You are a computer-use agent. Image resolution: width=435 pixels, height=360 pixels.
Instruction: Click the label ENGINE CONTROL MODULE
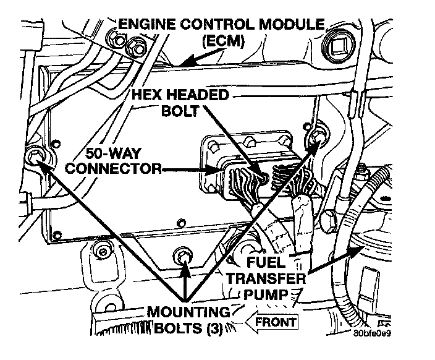pos(221,26)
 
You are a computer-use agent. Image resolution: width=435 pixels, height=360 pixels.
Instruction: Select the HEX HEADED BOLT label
pos(179,104)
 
